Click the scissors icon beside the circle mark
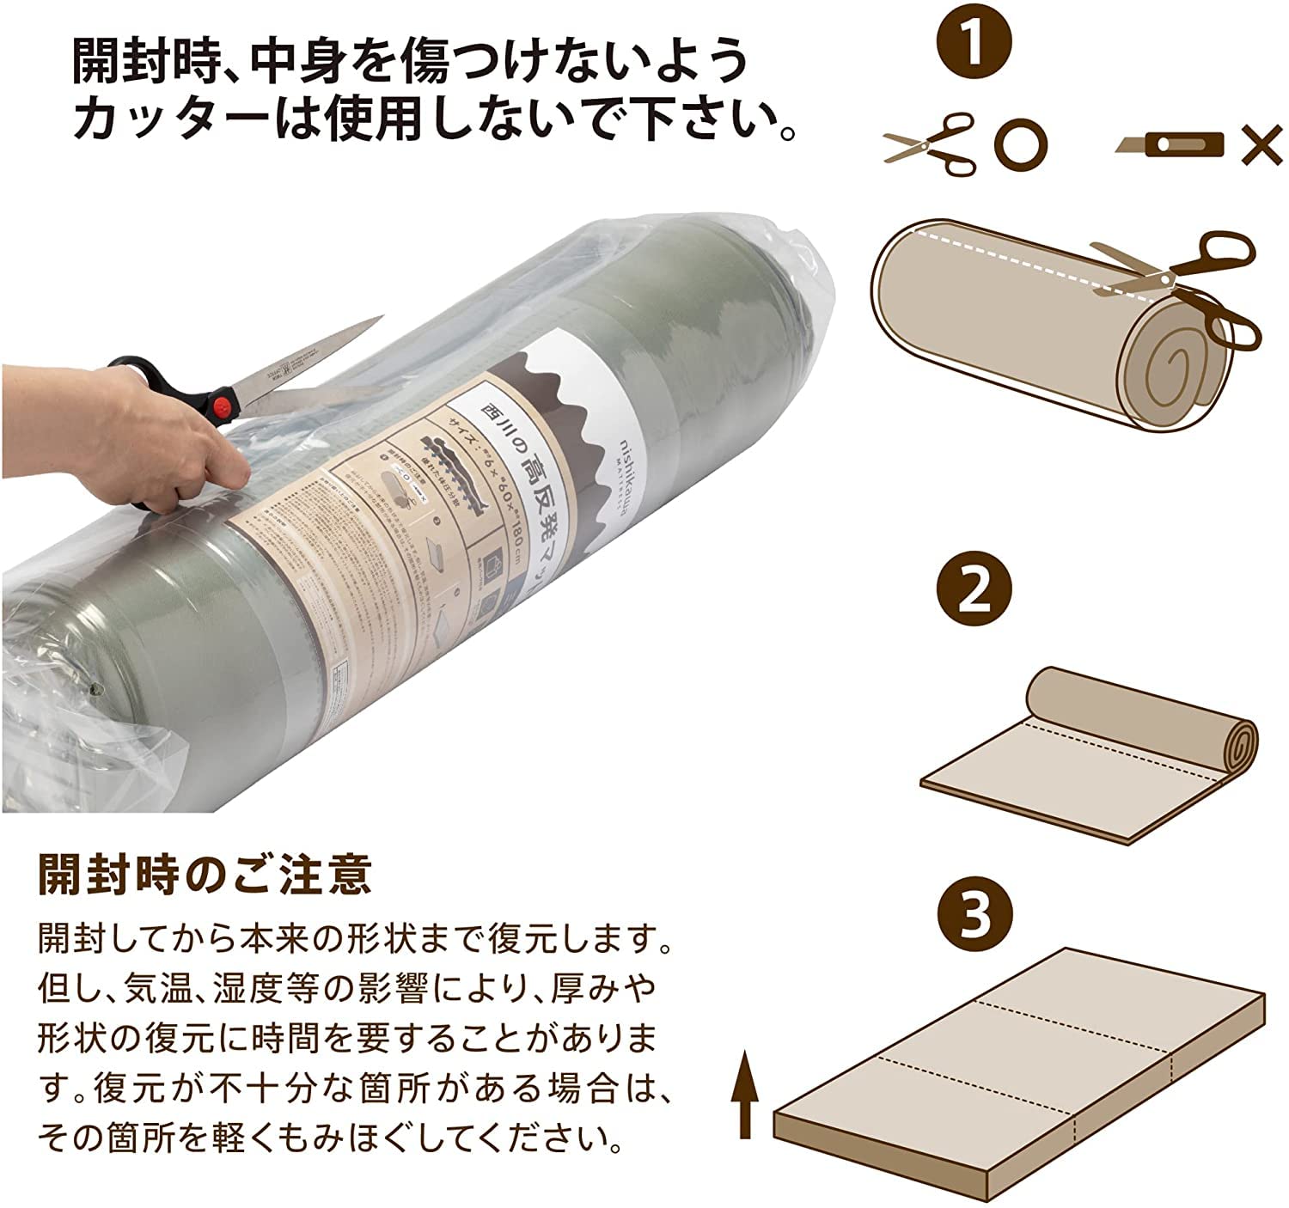click(x=931, y=142)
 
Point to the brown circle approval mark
click(x=1021, y=143)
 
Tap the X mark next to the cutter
click(x=1262, y=143)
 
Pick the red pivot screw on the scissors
click(x=226, y=405)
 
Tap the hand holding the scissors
click(x=103, y=438)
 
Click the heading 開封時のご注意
click(x=205, y=875)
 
